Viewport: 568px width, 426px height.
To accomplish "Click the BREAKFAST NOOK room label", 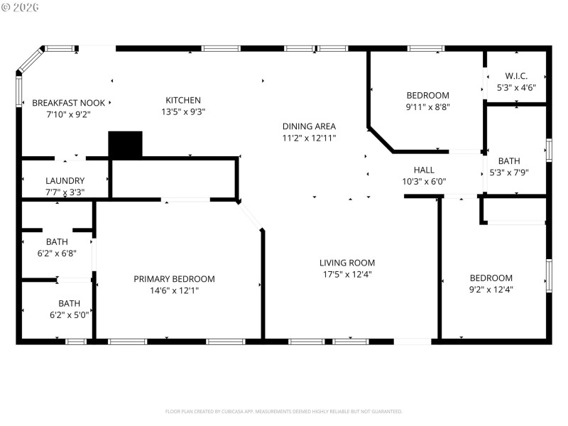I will (68, 102).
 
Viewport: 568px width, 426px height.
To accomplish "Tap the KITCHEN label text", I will (183, 100).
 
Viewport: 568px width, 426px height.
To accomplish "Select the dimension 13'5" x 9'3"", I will (183, 111).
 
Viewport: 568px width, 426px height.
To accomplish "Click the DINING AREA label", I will (309, 126).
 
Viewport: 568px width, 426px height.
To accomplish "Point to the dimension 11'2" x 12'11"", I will (309, 138).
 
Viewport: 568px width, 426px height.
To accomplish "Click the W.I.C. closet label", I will (516, 76).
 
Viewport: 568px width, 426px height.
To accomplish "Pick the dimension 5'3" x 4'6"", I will (516, 87).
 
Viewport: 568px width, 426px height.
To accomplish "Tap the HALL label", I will (424, 170).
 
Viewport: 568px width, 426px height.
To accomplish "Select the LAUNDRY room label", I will (65, 181).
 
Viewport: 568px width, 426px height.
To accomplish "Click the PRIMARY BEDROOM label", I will (174, 279).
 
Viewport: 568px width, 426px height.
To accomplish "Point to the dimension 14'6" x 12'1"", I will (174, 290).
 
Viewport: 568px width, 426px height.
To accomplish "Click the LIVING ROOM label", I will (347, 263).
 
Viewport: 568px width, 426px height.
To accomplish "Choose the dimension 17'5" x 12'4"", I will (347, 274).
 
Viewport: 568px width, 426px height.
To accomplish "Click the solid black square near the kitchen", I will (125, 144).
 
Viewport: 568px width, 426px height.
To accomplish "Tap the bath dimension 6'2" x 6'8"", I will (57, 253).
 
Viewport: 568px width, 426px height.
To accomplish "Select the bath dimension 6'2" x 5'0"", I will (69, 315).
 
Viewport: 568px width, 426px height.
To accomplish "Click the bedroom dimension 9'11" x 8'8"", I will (427, 107).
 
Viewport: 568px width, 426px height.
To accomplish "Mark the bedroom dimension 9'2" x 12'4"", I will (491, 289).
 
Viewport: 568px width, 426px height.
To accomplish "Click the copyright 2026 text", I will (21, 6).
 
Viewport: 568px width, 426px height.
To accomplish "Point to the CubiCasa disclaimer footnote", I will (284, 411).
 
